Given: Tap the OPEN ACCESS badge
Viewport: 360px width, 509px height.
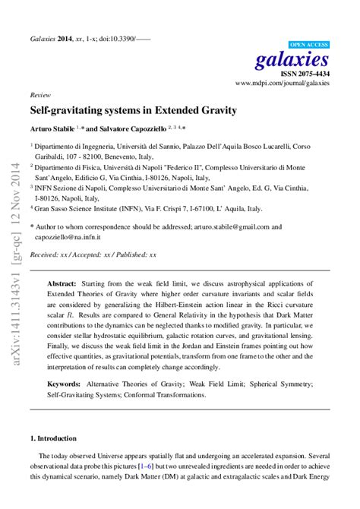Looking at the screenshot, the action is point(310,44).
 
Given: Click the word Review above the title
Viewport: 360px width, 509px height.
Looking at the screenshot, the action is point(39,96).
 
